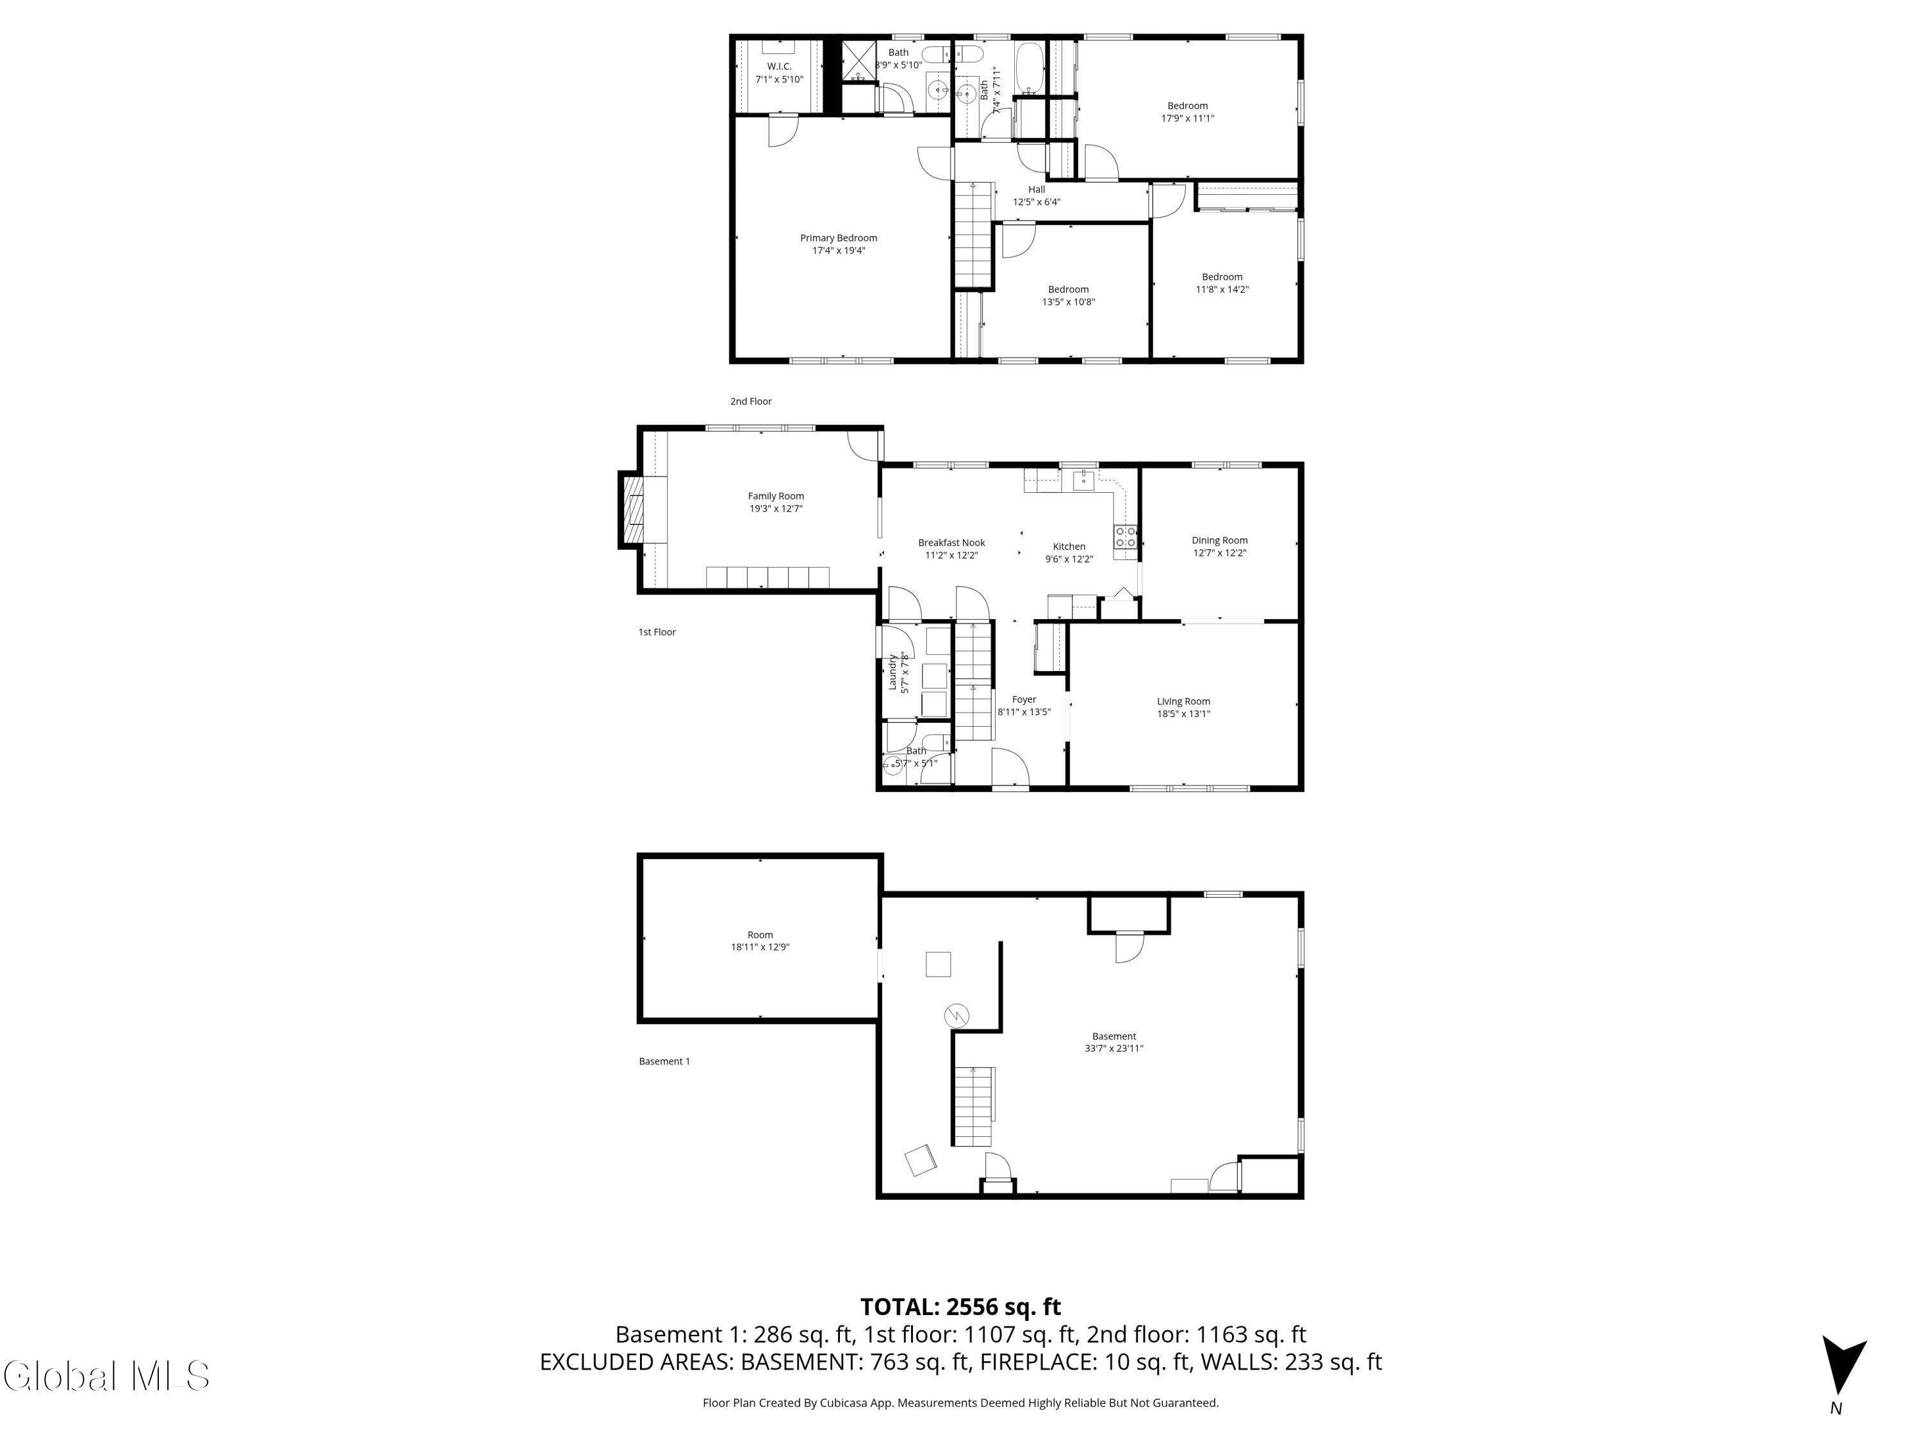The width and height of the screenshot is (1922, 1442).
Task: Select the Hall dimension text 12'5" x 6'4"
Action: pos(1036,202)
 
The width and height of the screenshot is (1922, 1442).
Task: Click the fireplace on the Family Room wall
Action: pos(632,510)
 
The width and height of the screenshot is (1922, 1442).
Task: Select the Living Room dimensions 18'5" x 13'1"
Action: pos(1183,713)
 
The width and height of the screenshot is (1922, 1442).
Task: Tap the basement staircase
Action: pos(973,1106)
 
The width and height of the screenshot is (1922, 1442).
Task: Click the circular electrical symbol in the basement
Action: pos(957,1015)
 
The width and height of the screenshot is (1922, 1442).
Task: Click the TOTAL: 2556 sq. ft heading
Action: pos(960,1306)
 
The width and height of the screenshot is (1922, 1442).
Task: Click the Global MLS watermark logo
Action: pos(106,1376)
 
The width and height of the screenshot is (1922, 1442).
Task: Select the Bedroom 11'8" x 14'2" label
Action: pos(1221,283)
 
